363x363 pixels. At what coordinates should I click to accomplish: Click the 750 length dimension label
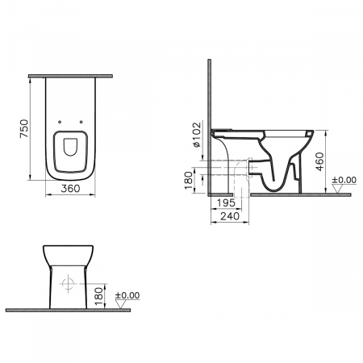(x=24, y=128)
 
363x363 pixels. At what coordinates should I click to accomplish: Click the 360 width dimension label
(x=70, y=189)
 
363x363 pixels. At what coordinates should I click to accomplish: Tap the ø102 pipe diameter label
(x=197, y=135)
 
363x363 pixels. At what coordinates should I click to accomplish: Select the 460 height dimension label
(x=320, y=161)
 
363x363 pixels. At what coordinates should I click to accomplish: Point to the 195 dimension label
(x=226, y=202)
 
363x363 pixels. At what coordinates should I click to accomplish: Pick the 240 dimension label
(x=230, y=216)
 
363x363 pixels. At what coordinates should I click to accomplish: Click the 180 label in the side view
(x=189, y=181)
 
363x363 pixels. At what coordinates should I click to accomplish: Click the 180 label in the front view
(x=99, y=296)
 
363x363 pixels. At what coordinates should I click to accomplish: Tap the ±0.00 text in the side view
(x=344, y=180)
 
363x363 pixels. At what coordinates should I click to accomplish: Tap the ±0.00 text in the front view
(x=127, y=295)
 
